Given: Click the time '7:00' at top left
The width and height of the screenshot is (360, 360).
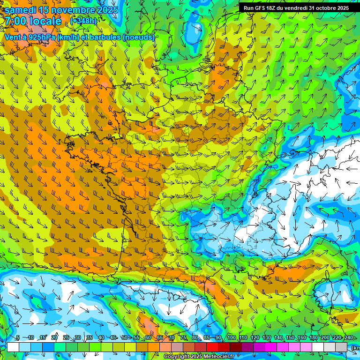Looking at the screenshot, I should pyautogui.click(x=15, y=21).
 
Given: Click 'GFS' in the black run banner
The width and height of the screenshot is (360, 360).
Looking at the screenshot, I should pyautogui.click(x=259, y=8).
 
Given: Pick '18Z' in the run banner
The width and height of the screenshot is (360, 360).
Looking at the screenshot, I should pyautogui.click(x=271, y=8).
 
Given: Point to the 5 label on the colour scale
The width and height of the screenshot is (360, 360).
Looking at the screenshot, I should pyautogui.click(x=17, y=337).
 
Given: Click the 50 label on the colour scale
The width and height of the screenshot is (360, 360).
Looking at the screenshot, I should pyautogui.click(x=125, y=337).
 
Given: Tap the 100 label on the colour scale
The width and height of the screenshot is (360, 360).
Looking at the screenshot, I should pyautogui.click(x=232, y=337).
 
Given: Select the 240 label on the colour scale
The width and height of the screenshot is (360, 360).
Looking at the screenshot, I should pyautogui.click(x=349, y=337).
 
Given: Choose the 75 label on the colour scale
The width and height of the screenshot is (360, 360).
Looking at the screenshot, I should pyautogui.click(x=183, y=337).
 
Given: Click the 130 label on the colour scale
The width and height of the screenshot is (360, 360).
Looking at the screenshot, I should pyautogui.click(x=267, y=337).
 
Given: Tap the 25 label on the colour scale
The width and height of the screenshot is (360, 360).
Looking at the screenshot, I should pyautogui.click(x=66, y=337).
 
